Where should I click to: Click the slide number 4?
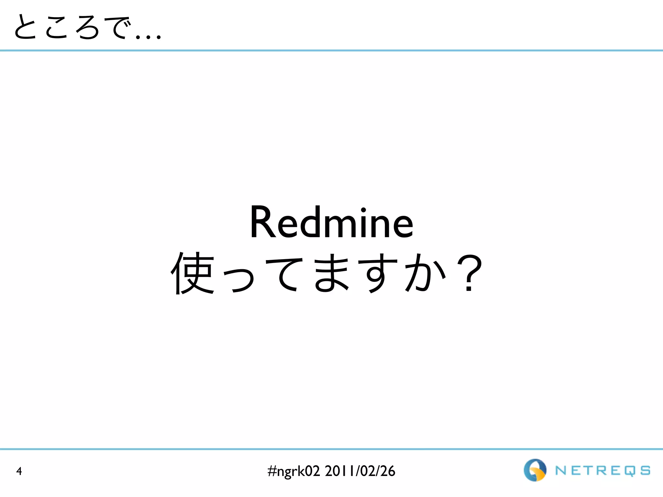click(19, 471)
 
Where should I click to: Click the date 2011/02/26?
click(360, 471)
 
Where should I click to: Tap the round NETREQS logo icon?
click(535, 470)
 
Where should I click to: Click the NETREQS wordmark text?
click(603, 471)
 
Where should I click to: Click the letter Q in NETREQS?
click(630, 471)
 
